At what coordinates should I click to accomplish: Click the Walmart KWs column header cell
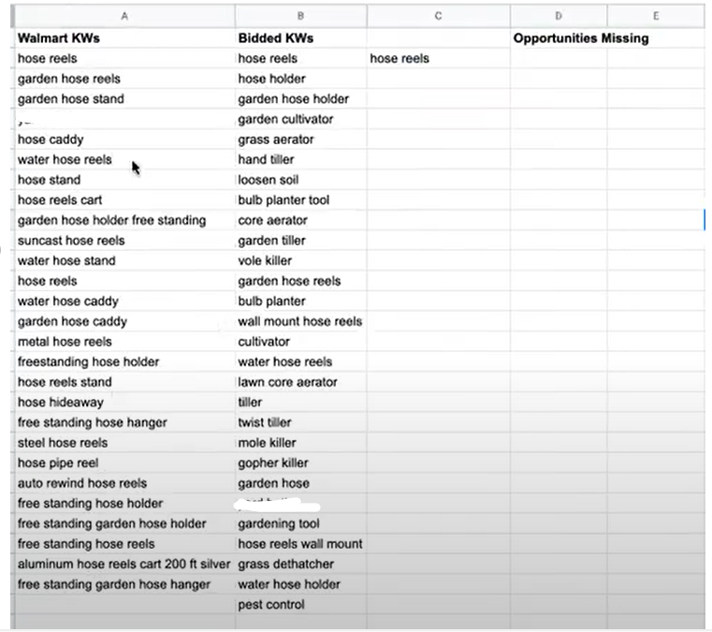[x=58, y=38]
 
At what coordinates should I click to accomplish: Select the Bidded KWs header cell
[x=275, y=38]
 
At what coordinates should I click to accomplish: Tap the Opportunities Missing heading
[x=580, y=38]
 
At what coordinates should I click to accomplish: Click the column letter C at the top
[x=438, y=16]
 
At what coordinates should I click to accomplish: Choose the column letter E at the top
[x=655, y=16]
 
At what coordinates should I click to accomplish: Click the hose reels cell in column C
[x=400, y=58]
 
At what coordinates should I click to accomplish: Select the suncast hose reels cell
[x=71, y=241]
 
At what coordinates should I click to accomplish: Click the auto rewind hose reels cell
[x=82, y=483]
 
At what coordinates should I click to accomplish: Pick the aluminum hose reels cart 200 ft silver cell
[x=124, y=564]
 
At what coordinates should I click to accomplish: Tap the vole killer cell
[x=265, y=260]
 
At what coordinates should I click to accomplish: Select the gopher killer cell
[x=273, y=463]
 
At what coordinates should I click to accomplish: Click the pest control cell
[x=271, y=605]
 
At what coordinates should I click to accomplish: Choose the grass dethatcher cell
[x=285, y=564]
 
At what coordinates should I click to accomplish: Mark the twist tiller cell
[x=265, y=422]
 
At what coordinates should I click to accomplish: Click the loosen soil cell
[x=269, y=180]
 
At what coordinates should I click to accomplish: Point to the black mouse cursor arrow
[x=136, y=168]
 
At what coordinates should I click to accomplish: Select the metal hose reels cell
[x=65, y=342]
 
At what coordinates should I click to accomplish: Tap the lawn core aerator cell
[x=287, y=382]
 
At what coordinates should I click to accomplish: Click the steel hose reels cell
[x=63, y=443]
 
